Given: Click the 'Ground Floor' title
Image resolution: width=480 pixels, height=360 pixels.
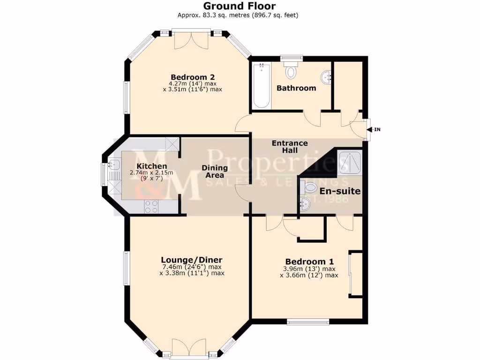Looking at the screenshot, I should pyautogui.click(x=239, y=6).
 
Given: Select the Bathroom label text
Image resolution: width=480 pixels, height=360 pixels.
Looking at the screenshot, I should pyautogui.click(x=296, y=88).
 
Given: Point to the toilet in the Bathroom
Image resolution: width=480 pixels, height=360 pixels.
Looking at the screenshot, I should pyautogui.click(x=292, y=71).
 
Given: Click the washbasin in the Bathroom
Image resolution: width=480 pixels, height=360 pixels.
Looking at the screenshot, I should pyautogui.click(x=325, y=76).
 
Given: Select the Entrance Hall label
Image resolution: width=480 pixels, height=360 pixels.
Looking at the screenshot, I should pyautogui.click(x=290, y=147).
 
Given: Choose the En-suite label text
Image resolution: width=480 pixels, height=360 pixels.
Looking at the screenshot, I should pyautogui.click(x=340, y=191).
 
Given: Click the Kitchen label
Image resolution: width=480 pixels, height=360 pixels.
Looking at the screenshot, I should pyautogui.click(x=151, y=166).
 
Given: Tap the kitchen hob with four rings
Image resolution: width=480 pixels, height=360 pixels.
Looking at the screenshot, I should pyautogui.click(x=151, y=206).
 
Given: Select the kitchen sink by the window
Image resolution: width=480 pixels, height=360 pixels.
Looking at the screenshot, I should pyautogui.click(x=113, y=165).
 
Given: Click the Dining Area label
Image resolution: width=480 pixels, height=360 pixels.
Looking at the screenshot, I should pyautogui.click(x=215, y=172).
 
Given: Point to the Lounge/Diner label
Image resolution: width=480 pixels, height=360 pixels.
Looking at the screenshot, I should pyautogui.click(x=191, y=260).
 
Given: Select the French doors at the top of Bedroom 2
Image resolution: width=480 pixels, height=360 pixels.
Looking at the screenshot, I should pyautogui.click(x=191, y=39).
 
